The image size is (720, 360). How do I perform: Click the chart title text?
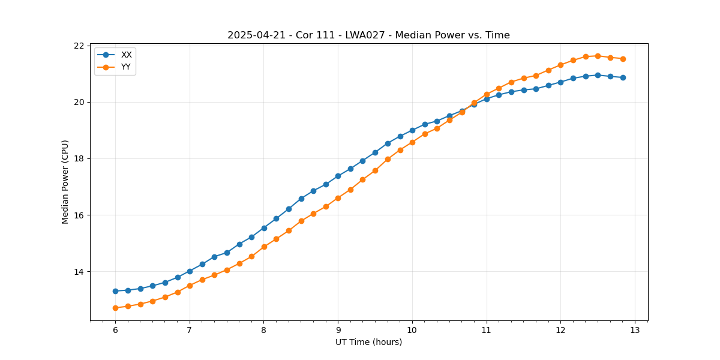click(368, 35)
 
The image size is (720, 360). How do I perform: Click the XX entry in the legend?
click(126, 55)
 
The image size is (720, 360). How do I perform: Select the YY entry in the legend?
click(126, 67)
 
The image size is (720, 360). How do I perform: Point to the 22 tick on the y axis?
click(79, 46)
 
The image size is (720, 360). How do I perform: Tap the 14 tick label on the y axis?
click(79, 272)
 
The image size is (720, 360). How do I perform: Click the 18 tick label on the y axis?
click(79, 159)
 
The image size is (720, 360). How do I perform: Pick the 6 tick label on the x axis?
click(115, 330)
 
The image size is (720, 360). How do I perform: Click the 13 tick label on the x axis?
click(635, 330)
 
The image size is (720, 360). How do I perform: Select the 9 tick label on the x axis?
click(338, 330)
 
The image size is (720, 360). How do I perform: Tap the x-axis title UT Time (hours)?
click(368, 342)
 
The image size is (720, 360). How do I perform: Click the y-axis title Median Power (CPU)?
click(65, 182)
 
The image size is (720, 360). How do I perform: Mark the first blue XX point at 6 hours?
click(115, 291)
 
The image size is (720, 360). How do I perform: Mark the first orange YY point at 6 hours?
click(115, 308)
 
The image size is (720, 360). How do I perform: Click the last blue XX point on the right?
click(623, 77)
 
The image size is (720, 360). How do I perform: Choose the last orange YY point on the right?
click(623, 59)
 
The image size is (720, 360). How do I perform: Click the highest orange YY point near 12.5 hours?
click(598, 56)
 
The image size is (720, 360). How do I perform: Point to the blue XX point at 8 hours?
click(264, 228)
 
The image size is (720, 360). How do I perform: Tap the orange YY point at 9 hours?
click(338, 198)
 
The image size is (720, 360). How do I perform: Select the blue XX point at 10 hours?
click(412, 130)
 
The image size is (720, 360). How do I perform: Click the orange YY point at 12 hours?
click(560, 65)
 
